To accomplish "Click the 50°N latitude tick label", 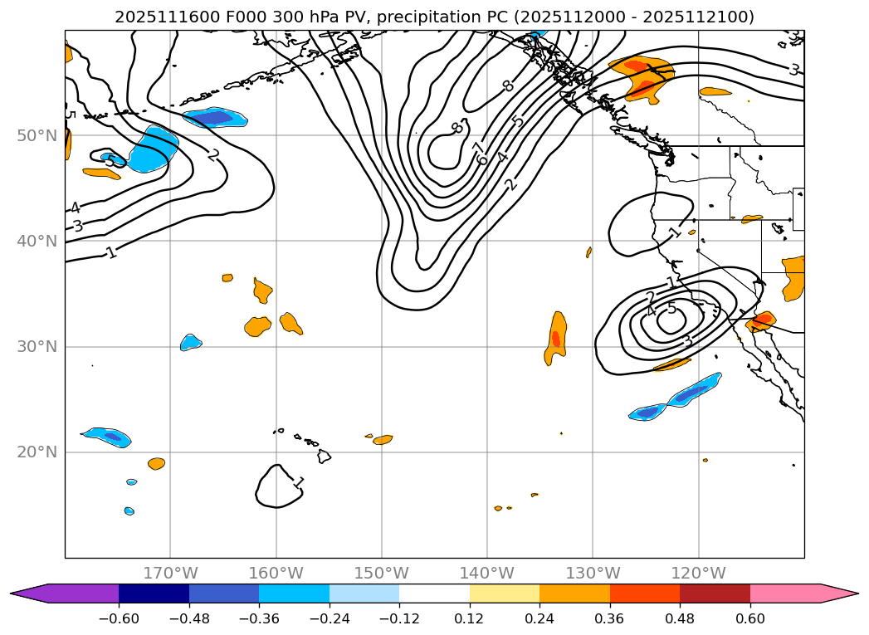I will point(37,135).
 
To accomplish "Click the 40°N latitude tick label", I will point(37,241).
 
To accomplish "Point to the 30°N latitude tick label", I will point(37,346).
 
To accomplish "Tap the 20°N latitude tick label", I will point(37,452).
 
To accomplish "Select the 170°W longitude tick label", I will point(170,573).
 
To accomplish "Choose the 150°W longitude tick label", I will point(381,573).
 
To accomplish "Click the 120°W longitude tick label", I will point(698,573).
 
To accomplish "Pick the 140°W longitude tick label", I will point(486,573).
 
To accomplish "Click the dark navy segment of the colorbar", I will point(154,593).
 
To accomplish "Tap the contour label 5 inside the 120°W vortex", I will point(671,309).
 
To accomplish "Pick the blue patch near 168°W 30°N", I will point(191,342).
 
